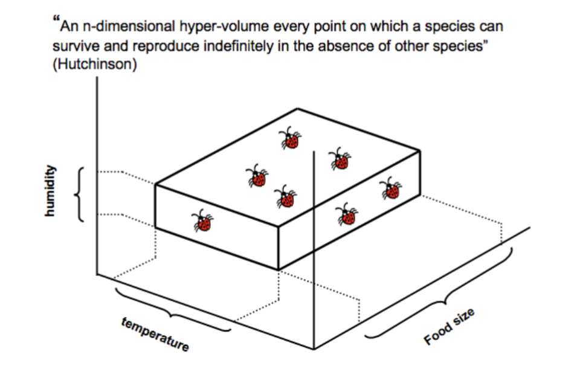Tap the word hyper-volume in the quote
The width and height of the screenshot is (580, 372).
[208, 28]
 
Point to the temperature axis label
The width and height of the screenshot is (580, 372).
[155, 335]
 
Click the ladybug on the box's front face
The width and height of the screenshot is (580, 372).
[202, 221]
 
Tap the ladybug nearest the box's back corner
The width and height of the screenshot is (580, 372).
[291, 139]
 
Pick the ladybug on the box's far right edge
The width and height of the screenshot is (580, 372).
[390, 189]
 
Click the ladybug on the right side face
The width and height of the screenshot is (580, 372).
[347, 214]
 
